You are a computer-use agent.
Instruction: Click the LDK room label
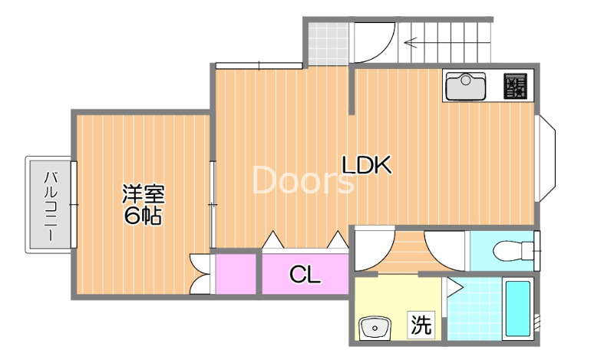pyautogui.click(x=367, y=165)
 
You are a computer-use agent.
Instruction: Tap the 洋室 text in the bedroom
pyautogui.click(x=144, y=194)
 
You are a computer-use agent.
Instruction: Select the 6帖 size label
pyautogui.click(x=143, y=215)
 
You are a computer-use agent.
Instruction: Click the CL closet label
pyautogui.click(x=305, y=274)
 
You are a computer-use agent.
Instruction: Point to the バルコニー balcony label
pyautogui.click(x=51, y=206)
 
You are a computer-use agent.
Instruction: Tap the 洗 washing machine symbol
pyautogui.click(x=421, y=324)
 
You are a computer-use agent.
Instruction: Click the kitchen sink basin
pyautogui.click(x=466, y=86)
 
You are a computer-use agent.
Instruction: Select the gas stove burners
pyautogui.click(x=515, y=86)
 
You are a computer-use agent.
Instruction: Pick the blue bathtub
pyautogui.click(x=518, y=309)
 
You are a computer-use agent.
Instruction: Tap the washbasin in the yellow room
pyautogui.click(x=375, y=328)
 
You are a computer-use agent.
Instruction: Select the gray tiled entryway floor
pyautogui.click(x=328, y=44)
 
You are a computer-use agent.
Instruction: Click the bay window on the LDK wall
pyautogui.click(x=546, y=158)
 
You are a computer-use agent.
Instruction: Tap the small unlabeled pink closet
pyautogui.click(x=236, y=274)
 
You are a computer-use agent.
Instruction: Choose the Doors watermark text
pyautogui.click(x=302, y=180)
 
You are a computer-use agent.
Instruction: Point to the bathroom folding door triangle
pyautogui.click(x=454, y=288)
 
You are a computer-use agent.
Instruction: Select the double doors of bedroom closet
pyautogui.click(x=200, y=274)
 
